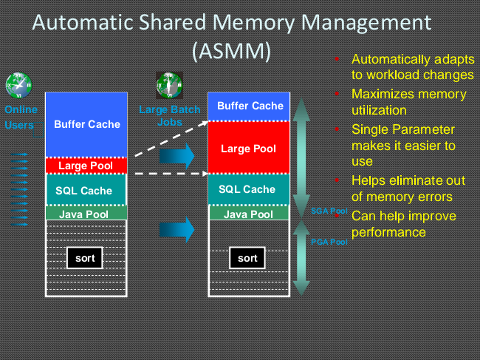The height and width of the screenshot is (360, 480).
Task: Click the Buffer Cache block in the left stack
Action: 87,124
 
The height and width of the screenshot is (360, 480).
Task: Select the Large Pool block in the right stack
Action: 248,149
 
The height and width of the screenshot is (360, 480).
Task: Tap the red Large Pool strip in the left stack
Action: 87,165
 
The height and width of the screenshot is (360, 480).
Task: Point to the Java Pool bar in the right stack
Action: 248,214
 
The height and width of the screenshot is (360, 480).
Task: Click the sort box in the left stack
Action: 85,258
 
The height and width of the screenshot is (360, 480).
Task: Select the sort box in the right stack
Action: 247,258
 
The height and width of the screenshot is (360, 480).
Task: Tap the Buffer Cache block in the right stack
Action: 250,106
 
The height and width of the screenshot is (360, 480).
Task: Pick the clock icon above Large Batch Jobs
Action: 169,85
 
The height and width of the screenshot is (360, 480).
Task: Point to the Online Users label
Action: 20,118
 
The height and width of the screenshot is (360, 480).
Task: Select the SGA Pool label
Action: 329,211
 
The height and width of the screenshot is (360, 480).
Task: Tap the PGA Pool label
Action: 329,242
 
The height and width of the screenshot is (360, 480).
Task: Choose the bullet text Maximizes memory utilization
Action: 408,102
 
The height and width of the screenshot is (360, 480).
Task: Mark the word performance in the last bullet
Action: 388,232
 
